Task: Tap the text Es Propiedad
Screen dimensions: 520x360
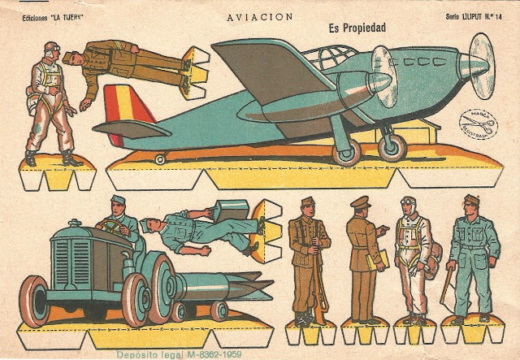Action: (357, 28)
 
